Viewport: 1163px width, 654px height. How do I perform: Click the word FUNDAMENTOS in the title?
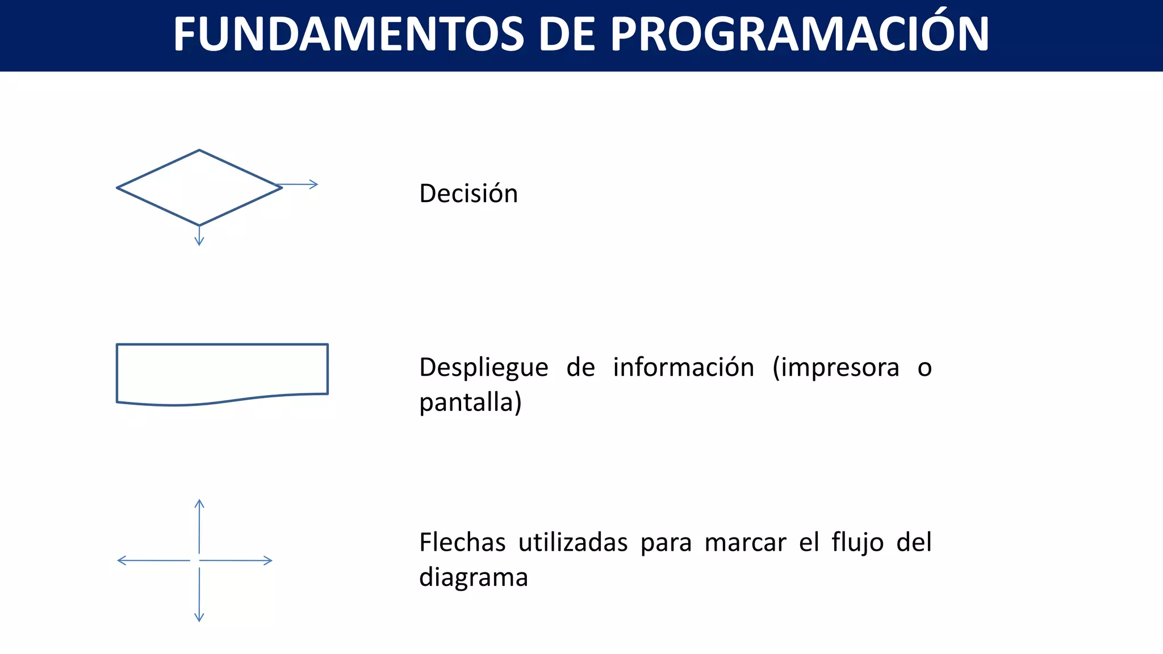(x=348, y=35)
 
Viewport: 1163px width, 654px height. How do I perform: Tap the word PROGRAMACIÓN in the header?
(x=799, y=35)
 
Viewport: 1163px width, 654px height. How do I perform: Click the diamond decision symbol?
(x=199, y=188)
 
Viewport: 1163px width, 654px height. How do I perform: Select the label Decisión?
(x=468, y=194)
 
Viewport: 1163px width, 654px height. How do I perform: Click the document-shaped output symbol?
(x=222, y=372)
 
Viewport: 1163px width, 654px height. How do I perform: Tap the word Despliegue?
(x=484, y=368)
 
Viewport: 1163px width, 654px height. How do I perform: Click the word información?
(x=683, y=367)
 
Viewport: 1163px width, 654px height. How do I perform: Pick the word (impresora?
(x=836, y=368)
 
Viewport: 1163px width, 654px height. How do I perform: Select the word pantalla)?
(x=470, y=403)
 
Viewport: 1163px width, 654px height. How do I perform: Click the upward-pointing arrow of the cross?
(x=199, y=525)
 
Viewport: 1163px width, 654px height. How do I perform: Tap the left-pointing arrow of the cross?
(x=152, y=561)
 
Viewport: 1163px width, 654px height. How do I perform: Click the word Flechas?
(x=462, y=542)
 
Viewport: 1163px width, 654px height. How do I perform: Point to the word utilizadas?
(x=573, y=542)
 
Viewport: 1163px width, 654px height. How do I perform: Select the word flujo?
(x=857, y=542)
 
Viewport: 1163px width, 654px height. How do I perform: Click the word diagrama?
(x=474, y=577)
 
